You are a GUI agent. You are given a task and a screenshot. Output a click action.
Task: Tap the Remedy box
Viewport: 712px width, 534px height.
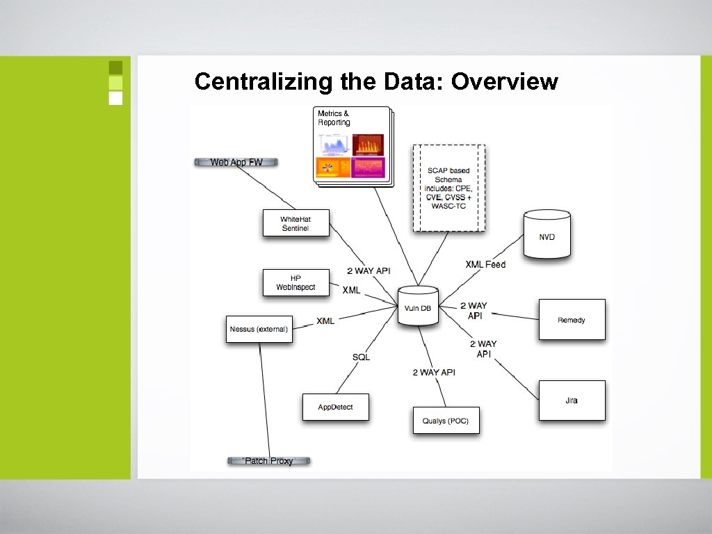click(x=572, y=319)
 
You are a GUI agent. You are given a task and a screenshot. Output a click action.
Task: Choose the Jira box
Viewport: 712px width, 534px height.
click(x=572, y=400)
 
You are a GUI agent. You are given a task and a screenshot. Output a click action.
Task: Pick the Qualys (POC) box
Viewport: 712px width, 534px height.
click(x=446, y=420)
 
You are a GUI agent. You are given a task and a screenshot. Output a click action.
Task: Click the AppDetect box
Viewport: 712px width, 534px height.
click(x=335, y=407)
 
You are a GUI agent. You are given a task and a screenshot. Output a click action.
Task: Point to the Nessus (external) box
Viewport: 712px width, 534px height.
click(x=258, y=329)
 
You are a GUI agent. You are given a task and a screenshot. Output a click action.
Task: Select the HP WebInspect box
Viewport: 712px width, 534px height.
click(x=296, y=283)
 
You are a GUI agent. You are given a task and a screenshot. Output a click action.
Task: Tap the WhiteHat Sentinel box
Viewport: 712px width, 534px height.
click(x=296, y=223)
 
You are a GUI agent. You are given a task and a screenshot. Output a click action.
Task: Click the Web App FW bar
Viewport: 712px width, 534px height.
click(x=236, y=162)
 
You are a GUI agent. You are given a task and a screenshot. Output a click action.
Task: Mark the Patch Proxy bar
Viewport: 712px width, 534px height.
click(x=268, y=460)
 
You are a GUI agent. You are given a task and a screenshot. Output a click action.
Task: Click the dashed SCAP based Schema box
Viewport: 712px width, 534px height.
click(x=449, y=188)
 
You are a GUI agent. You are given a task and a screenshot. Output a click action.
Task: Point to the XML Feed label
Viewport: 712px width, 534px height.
click(x=485, y=264)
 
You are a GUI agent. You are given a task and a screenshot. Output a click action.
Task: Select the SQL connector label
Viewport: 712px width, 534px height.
click(x=361, y=357)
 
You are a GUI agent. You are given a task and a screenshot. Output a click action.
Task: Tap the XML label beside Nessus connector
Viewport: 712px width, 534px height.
click(x=325, y=321)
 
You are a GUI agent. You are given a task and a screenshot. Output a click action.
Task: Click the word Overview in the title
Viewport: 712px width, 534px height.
click(x=504, y=81)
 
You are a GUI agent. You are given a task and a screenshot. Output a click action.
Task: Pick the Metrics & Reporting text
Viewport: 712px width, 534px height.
click(x=334, y=118)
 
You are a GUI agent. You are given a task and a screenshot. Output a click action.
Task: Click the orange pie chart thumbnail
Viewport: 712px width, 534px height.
click(x=333, y=167)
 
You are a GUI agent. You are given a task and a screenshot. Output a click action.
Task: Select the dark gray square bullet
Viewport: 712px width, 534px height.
click(x=115, y=67)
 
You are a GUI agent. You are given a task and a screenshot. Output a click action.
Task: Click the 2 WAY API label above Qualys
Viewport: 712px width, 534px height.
click(x=434, y=373)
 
